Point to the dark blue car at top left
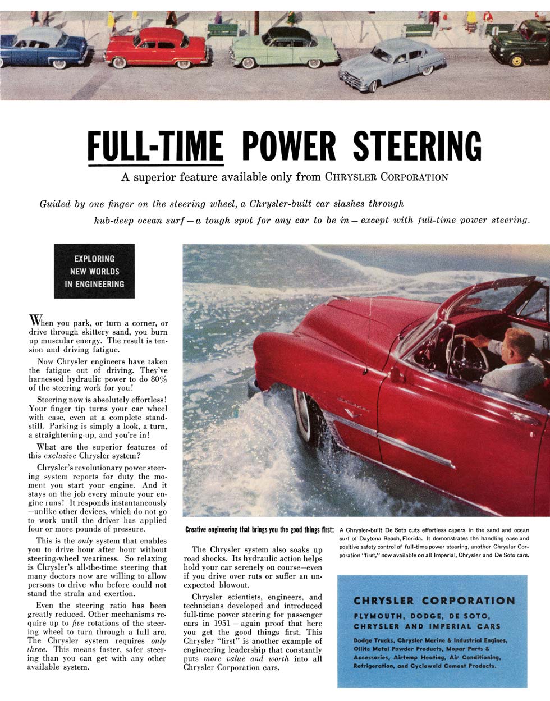pos(42,48)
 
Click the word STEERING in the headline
pos(417,146)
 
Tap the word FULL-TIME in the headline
pos(155,146)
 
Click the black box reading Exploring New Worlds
pos(94,271)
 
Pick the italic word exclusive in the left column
pos(60,456)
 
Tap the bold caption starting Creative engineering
pos(259,530)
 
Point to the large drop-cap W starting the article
pos(34,321)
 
